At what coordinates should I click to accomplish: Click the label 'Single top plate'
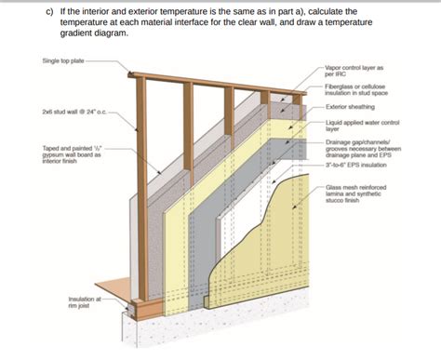pyautogui.click(x=62, y=60)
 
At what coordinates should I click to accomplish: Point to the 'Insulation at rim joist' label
pyautogui.click(x=85, y=302)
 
